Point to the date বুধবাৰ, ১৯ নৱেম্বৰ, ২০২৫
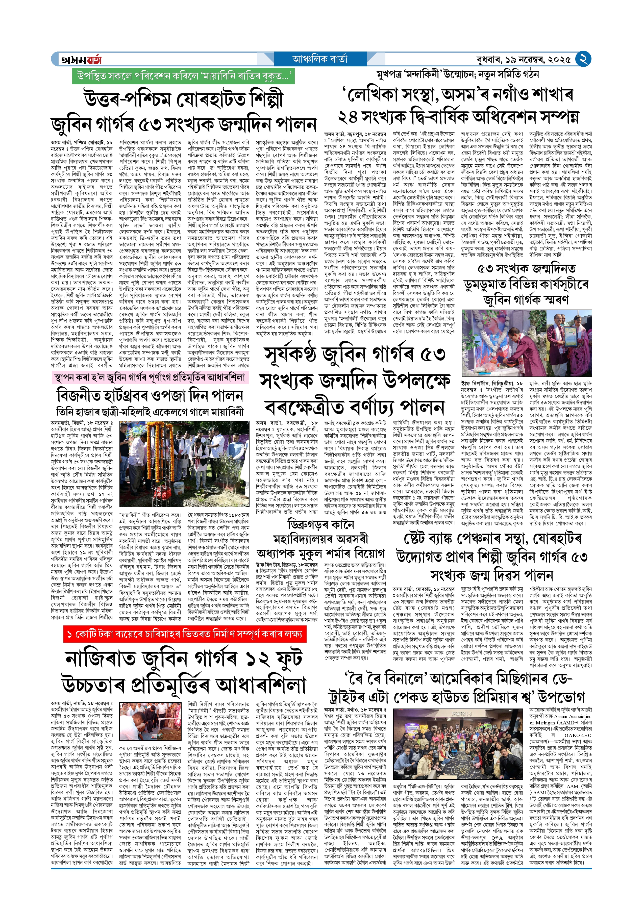coord(524,60)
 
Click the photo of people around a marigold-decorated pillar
coord(184,464)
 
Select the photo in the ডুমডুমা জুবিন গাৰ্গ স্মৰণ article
coord(527,343)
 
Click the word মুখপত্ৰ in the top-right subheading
coord(391,74)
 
